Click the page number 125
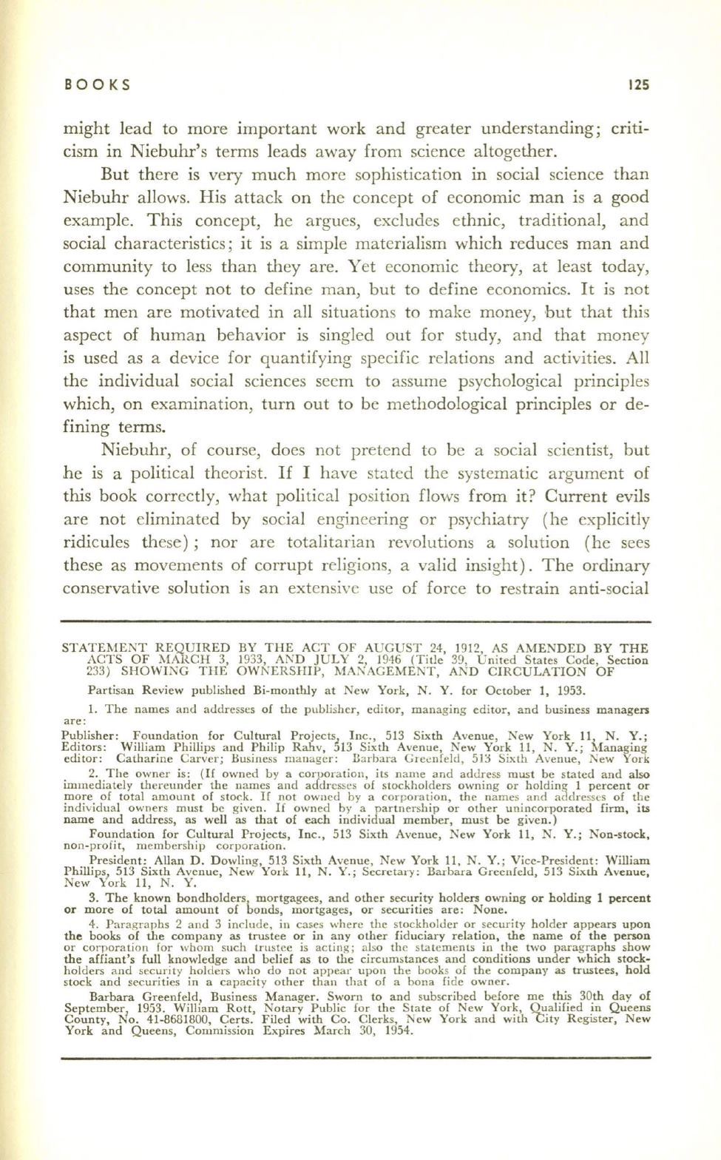pyautogui.click(x=637, y=84)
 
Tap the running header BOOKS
pyautogui.click(x=98, y=84)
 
